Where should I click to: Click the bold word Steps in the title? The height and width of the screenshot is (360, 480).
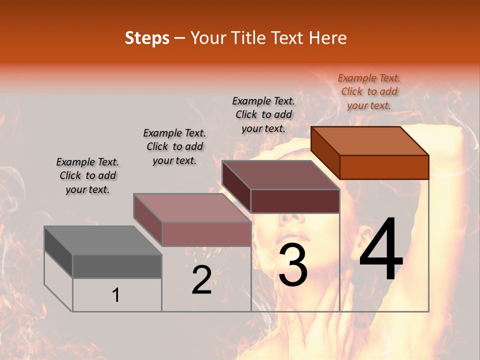click(x=147, y=38)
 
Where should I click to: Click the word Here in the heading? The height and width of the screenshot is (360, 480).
click(x=328, y=38)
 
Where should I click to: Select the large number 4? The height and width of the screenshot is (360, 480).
click(x=381, y=250)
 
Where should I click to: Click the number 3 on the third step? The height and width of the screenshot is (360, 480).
click(x=293, y=265)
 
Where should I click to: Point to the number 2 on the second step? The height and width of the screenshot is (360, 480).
click(x=201, y=280)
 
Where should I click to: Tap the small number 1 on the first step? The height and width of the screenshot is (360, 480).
click(x=116, y=295)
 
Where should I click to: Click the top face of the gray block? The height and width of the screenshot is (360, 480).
click(x=102, y=240)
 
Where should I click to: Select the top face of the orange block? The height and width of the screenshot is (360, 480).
click(x=369, y=140)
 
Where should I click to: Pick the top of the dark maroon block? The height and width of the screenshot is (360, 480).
click(x=280, y=175)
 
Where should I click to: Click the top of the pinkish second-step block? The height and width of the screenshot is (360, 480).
click(x=192, y=208)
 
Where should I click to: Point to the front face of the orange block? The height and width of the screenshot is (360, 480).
click(x=384, y=167)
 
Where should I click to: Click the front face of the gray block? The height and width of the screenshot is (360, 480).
click(x=117, y=266)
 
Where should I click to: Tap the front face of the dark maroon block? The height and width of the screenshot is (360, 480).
click(x=295, y=201)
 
